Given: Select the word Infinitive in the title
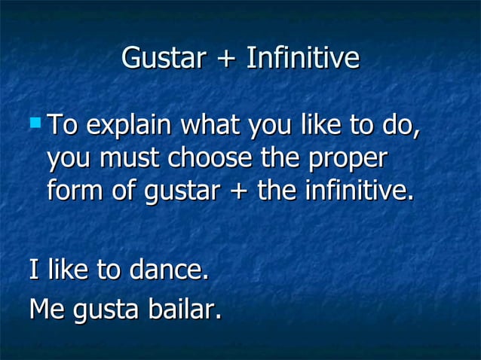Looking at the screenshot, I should [x=302, y=59].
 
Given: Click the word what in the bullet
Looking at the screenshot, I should [x=215, y=125].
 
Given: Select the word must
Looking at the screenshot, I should [x=133, y=158].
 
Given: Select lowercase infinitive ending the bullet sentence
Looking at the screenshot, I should [x=359, y=190].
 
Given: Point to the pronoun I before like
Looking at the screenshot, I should [x=33, y=270].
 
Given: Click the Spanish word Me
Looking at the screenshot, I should [x=47, y=309].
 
